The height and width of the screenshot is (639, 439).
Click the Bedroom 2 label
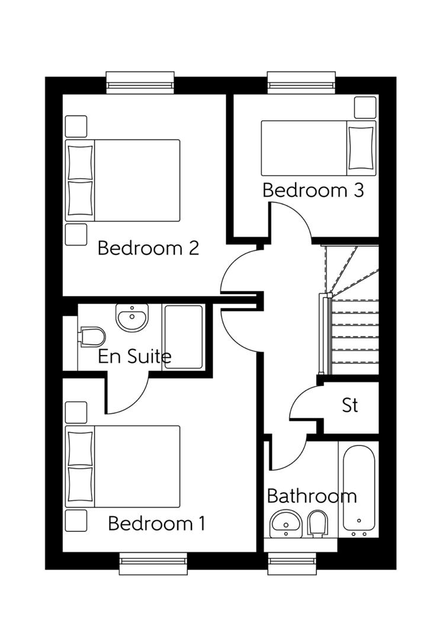pos(148,247)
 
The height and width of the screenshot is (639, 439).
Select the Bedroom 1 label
pos(156,524)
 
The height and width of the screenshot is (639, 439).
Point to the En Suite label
pos(134,356)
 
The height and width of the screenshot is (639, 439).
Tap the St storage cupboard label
pos(350,405)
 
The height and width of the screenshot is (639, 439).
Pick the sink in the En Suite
pos(132,318)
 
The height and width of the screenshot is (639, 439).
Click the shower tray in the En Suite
pos(184,337)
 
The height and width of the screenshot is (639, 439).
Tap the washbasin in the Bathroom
pos(286,523)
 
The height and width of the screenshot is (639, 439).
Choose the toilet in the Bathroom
pos(317,523)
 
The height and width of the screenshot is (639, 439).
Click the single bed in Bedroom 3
pos(318,148)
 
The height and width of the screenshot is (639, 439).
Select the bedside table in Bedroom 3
pos(365,107)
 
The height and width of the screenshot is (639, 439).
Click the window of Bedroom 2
pos(140,82)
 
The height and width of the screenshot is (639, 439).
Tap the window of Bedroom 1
pos(153,563)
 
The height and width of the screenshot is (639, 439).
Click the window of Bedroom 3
pos(302,82)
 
